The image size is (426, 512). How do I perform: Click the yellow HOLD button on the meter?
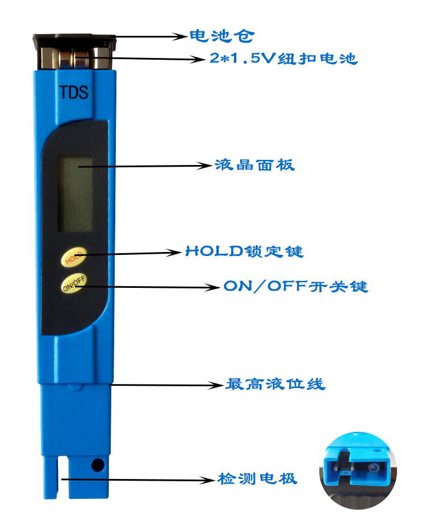coord(74,257)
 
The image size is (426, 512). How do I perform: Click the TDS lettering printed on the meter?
coord(74,92)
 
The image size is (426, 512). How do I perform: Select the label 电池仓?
coord(222,36)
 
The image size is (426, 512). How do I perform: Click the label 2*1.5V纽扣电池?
coord(283,59)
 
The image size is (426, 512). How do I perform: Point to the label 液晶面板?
coord(255,165)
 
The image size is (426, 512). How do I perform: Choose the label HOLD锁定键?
coord(244,251)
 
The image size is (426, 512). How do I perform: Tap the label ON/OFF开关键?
coord(295,286)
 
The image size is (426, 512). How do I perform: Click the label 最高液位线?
coord(275,384)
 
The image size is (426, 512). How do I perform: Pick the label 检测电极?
coord(257,478)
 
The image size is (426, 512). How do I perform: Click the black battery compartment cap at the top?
coord(74,42)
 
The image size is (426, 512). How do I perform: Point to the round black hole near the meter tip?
coord(98,465)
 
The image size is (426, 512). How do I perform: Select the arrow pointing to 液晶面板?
coord(145,166)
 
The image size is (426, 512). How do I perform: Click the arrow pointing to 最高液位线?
coord(167,385)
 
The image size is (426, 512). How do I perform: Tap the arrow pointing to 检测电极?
coord(139,480)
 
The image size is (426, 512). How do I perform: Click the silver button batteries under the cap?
coord(74,58)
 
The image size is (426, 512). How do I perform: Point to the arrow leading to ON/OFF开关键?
coord(148,287)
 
